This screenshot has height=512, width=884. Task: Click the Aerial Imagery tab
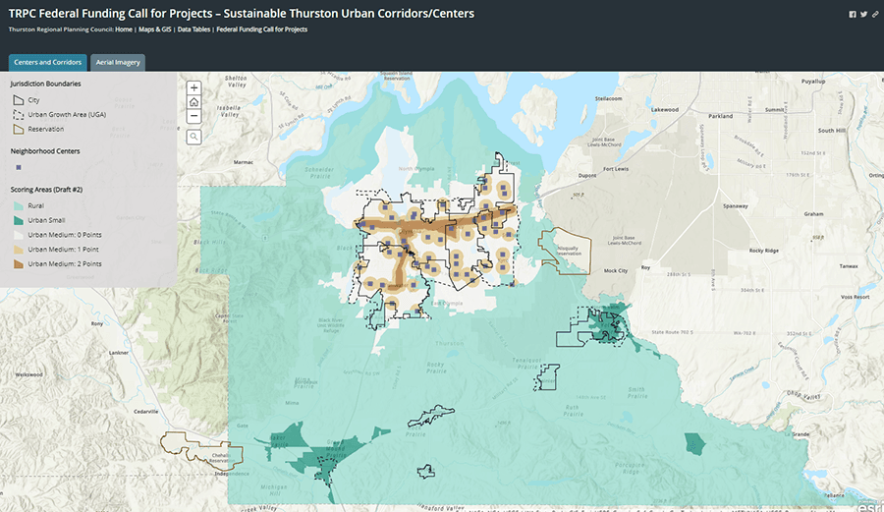click(118, 62)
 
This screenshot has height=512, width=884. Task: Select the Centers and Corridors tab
click(47, 62)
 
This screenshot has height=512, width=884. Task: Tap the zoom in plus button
click(194, 87)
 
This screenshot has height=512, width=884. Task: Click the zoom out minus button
click(194, 115)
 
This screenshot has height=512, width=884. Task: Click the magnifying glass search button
click(194, 137)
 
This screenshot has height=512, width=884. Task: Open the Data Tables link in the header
click(193, 29)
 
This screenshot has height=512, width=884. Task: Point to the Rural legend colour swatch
click(17, 205)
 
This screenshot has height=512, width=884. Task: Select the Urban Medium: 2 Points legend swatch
click(17, 264)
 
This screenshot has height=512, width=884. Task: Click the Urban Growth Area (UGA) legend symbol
click(17, 114)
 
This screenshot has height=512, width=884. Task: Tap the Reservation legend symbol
click(17, 129)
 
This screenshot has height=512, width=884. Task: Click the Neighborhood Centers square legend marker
click(17, 167)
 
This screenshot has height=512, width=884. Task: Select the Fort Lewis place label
click(616, 169)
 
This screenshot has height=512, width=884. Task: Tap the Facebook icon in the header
click(852, 14)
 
